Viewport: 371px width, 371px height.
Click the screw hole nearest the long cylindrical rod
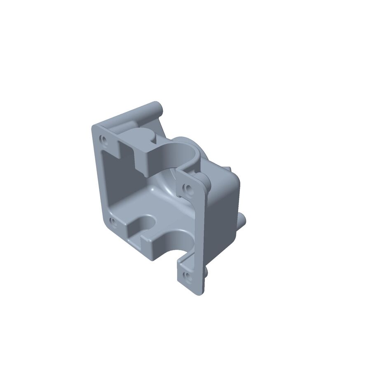tap(103, 139)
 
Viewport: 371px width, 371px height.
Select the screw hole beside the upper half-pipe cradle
tap(188, 190)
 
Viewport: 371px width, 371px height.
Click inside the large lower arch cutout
tap(175, 243)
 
